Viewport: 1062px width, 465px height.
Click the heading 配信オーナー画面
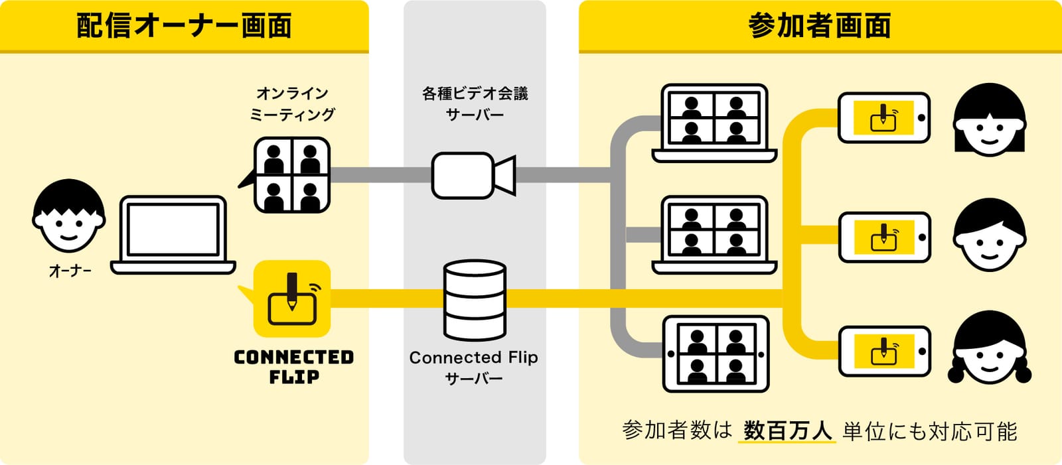pos(184,25)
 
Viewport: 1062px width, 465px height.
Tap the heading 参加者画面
pos(820,25)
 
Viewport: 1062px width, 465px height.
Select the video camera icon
pos(474,175)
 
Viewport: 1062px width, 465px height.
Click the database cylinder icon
pos(475,300)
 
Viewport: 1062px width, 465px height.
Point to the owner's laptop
pos(173,235)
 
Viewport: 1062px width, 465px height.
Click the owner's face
pos(69,216)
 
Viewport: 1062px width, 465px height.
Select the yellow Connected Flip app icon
pos(291,299)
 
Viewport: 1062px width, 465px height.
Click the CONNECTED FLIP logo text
pos(294,366)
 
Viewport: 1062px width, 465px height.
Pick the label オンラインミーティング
pos(293,103)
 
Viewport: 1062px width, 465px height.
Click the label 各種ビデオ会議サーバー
pos(475,103)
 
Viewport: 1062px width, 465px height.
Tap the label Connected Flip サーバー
pos(474,367)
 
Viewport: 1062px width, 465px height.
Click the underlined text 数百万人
pos(787,431)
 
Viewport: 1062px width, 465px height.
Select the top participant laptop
pos(714,123)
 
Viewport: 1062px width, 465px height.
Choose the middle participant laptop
pos(714,235)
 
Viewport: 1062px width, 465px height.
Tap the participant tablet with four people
pos(716,354)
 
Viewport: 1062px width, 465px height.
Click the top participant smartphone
pos(884,117)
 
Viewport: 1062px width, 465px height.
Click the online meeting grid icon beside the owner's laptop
pos(291,175)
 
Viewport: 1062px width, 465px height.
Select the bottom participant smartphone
pos(884,352)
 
